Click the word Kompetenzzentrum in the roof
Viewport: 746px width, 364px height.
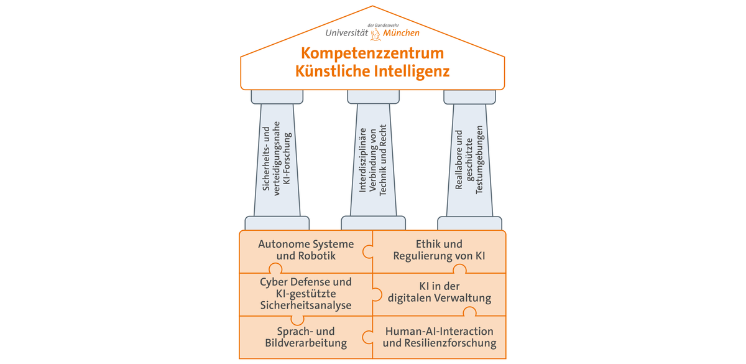[372, 54]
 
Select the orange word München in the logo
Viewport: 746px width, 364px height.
[401, 33]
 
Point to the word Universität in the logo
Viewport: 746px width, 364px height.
[348, 33]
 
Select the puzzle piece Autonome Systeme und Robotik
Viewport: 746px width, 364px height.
[305, 250]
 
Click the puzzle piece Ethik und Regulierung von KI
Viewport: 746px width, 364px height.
[440, 250]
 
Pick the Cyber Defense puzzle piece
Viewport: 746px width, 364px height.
[305, 294]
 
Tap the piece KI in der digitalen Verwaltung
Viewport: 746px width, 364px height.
[440, 292]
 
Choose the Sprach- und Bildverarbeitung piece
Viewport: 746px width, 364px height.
[305, 337]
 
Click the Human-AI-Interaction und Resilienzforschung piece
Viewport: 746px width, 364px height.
[440, 337]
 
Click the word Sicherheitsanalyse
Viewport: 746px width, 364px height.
[306, 306]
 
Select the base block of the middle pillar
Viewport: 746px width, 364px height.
[373, 223]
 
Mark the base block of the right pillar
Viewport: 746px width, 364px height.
[469, 223]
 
